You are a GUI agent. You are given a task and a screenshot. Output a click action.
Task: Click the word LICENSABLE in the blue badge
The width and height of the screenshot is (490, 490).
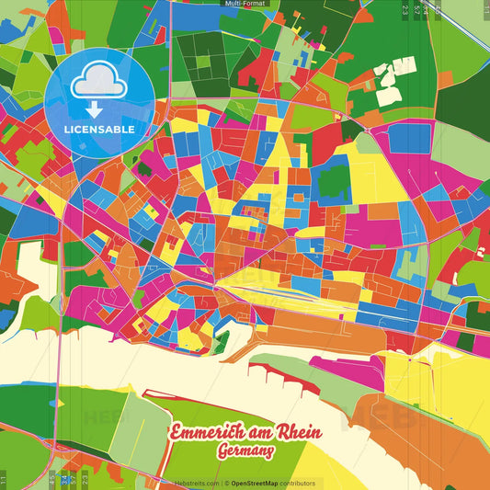[100, 130]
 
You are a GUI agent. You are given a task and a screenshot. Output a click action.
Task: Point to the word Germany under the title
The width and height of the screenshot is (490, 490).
[245, 452]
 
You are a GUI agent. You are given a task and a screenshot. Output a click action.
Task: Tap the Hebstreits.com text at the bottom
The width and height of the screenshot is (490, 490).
[196, 483]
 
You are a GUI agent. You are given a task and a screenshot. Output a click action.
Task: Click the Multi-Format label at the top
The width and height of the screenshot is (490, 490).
[245, 4]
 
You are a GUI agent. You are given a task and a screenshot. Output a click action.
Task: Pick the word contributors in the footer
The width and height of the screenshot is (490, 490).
[299, 483]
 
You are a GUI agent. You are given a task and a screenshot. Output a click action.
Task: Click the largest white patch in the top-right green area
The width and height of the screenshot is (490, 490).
[388, 93]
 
